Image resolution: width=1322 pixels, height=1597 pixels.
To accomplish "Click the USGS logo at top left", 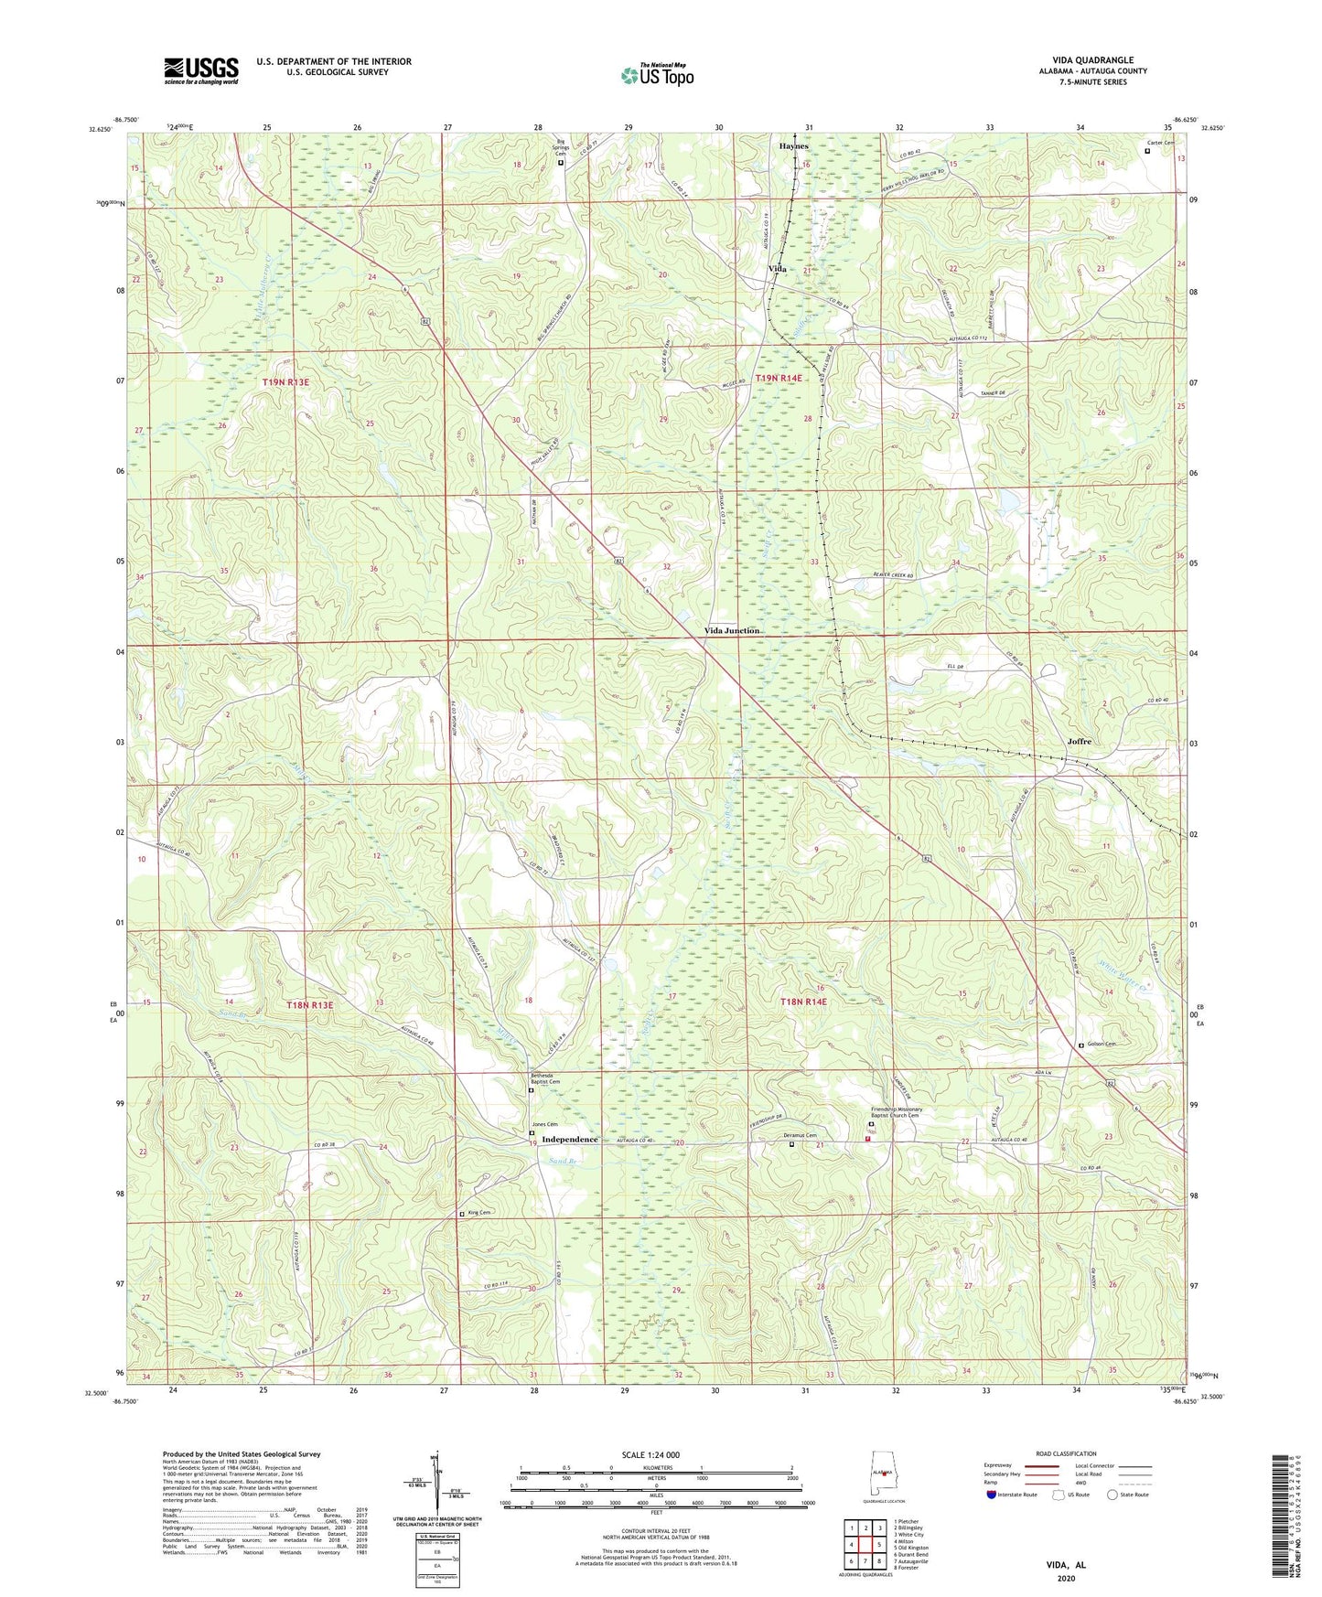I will click(201, 70).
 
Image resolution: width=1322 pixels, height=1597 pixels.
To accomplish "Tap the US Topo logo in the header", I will click(657, 75).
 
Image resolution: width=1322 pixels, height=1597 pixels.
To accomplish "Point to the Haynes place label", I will click(793, 146).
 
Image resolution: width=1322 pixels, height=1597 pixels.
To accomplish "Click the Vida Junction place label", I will click(732, 631).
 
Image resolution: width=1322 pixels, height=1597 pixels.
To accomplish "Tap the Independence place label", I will click(570, 1140).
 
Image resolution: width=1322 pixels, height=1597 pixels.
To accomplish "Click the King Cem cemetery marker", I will click(462, 1215).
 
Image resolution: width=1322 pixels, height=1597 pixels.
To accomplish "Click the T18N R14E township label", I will click(803, 1002).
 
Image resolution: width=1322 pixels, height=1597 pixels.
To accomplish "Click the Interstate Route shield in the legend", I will click(992, 1495).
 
